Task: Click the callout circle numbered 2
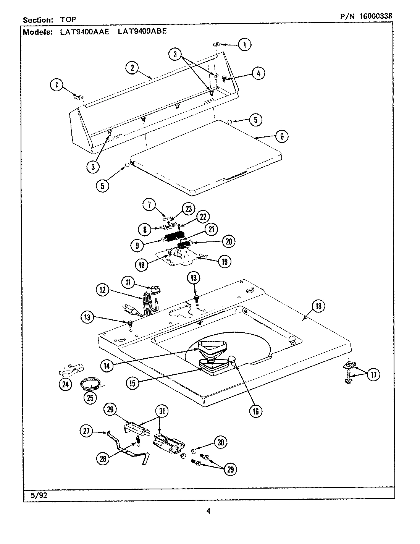pos(132,68)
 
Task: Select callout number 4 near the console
pos(258,73)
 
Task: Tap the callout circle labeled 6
pos(282,136)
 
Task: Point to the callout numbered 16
pos(256,411)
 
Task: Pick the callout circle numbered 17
pos(373,375)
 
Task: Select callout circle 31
pos(162,411)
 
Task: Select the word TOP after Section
pos(68,20)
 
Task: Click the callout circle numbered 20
pos(228,241)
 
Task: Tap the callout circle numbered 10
pos(142,265)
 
